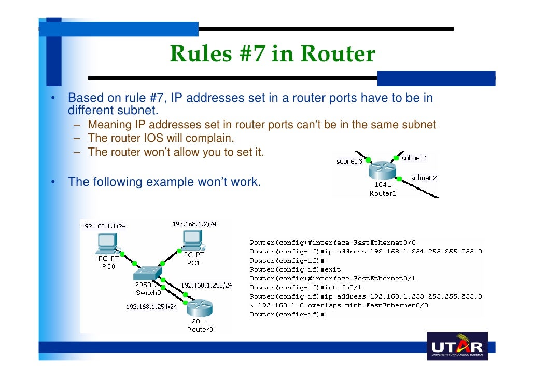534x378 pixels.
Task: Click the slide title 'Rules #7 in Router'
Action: point(272,54)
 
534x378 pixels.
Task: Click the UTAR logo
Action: point(456,346)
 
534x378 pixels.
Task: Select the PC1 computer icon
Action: point(192,240)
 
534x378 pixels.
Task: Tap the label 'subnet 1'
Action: point(414,158)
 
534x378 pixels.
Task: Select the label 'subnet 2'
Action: point(424,178)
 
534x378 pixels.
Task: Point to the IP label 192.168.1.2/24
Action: point(194,224)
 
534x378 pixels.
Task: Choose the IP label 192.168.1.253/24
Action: point(206,286)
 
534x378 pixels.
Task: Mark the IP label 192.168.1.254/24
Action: point(151,306)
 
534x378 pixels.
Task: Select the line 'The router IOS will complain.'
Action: point(161,139)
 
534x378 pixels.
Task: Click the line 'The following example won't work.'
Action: point(164,182)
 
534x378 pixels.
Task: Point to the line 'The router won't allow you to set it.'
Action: point(176,153)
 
